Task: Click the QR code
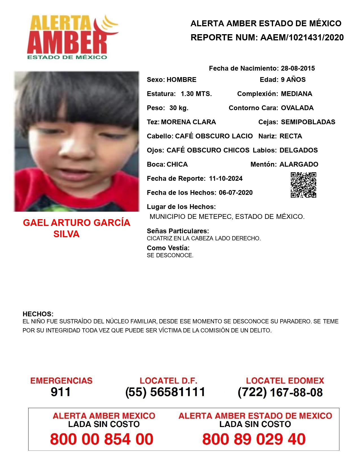click(304, 185)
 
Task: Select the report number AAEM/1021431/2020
click(302, 38)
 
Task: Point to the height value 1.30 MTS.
click(196, 94)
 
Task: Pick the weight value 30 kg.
click(179, 108)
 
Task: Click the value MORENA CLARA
click(188, 122)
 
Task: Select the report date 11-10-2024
click(226, 178)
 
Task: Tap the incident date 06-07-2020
click(235, 193)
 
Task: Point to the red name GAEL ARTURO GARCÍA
click(77, 223)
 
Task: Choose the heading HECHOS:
click(38, 314)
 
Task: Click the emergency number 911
click(61, 392)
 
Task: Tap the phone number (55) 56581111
click(165, 392)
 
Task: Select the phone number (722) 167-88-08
click(280, 392)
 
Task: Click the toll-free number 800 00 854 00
click(102, 439)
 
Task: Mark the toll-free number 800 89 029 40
click(254, 439)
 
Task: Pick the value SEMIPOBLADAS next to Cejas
click(308, 122)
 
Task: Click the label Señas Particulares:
click(178, 231)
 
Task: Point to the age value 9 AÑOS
click(293, 80)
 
